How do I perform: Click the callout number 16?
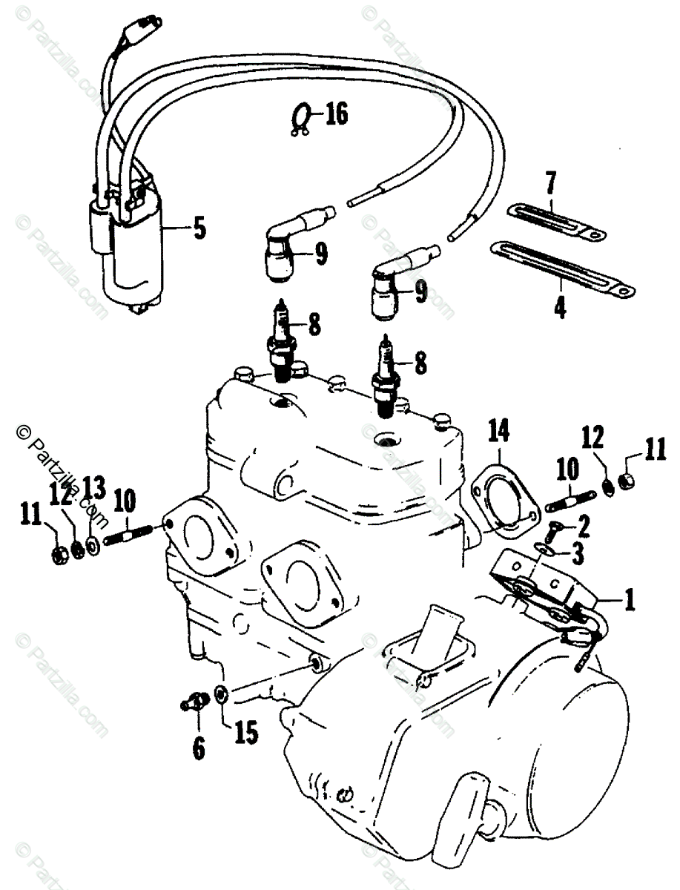click(335, 115)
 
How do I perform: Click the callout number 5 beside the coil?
click(199, 228)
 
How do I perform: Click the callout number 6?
click(198, 748)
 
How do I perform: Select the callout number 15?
click(246, 732)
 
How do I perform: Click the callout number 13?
click(95, 489)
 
